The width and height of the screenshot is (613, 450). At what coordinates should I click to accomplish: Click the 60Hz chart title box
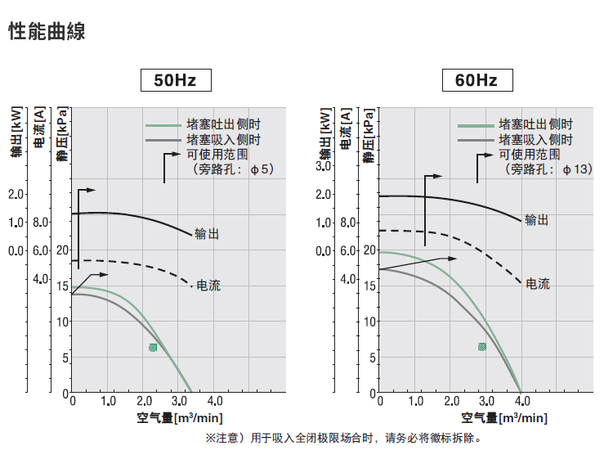[x=477, y=80]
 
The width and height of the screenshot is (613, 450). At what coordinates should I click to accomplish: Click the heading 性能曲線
[x=47, y=32]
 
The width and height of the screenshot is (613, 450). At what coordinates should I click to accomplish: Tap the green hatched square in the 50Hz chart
[x=153, y=348]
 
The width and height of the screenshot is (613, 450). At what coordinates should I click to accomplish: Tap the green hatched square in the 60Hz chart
[x=482, y=347]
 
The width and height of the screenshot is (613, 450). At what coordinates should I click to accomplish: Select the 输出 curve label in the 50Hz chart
[x=208, y=234]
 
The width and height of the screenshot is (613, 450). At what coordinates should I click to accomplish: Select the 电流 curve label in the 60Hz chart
[x=537, y=284]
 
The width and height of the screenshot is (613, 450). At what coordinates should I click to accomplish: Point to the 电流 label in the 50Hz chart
[x=208, y=286]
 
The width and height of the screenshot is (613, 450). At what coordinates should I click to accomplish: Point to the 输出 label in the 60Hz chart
[x=536, y=220]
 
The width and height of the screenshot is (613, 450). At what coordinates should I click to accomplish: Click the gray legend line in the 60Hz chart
[x=477, y=141]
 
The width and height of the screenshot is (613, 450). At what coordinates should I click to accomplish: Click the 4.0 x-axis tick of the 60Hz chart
[x=521, y=401]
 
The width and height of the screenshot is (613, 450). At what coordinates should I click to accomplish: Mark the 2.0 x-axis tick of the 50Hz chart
[x=143, y=401]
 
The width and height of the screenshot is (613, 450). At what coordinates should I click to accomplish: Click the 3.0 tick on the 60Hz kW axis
[x=323, y=167]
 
